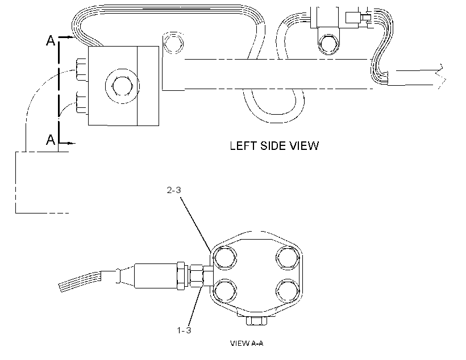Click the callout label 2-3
pos(174,190)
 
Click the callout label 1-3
pos(184,330)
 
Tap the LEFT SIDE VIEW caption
pos(274,146)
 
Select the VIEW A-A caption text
pos(247,344)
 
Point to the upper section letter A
pos(51,40)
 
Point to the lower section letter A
pos(51,139)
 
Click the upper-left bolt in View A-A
pos(225,258)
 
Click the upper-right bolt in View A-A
pos(288,258)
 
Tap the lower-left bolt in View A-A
pos(225,291)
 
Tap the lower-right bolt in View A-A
pos(288,291)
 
